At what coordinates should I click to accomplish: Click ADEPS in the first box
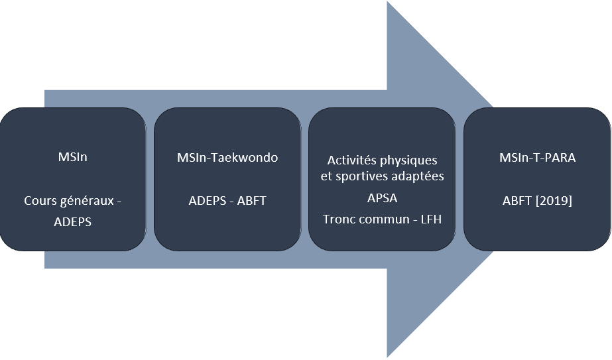click(72, 221)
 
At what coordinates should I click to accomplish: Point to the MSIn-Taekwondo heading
click(227, 158)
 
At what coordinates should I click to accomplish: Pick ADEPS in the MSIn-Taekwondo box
click(206, 200)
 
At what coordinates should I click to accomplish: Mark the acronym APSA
click(383, 198)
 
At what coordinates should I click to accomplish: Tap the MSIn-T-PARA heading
click(537, 158)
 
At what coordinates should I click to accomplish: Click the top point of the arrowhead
click(388, 3)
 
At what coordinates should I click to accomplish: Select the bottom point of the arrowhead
click(388, 357)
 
